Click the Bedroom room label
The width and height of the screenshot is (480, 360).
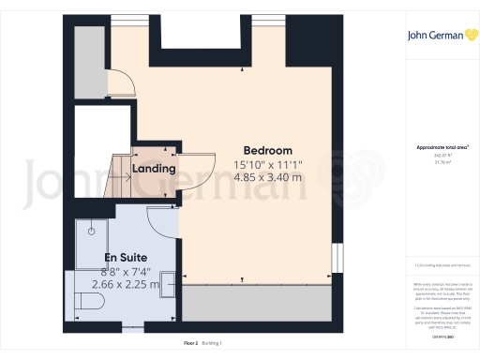267,151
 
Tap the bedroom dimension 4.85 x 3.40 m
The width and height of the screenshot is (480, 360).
267,176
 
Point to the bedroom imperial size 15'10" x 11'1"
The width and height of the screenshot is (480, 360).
267,164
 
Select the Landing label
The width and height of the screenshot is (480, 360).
154,169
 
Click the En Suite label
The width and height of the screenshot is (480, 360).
125,257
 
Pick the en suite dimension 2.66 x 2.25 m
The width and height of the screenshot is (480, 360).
125,283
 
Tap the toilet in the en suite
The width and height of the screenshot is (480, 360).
93,302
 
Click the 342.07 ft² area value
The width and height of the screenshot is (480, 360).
433,156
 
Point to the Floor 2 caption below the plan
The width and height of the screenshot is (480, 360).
190,343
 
